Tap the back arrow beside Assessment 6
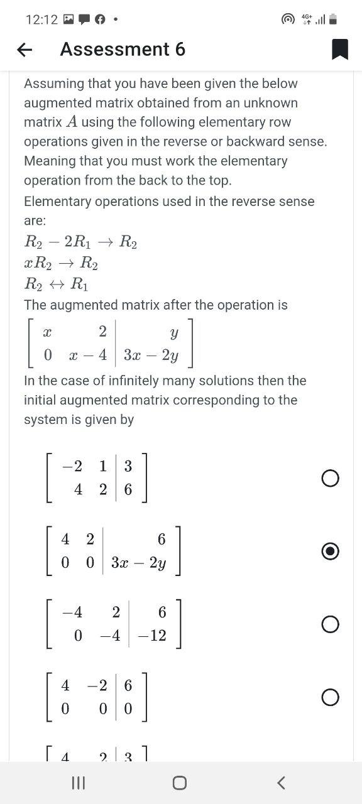coord(25,50)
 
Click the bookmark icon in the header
coord(339,49)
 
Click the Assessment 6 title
coord(123,49)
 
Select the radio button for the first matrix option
coord(330,479)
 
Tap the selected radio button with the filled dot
coord(330,551)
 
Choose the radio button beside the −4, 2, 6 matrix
coord(330,624)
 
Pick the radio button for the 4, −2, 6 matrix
coord(330,697)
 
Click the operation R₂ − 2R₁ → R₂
coord(80,242)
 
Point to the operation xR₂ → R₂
coord(61,264)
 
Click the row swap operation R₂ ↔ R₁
coord(57,285)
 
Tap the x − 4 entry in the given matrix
coord(88,356)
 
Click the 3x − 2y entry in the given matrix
coord(151,356)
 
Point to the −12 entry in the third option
coord(153,636)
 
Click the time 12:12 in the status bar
coord(41,19)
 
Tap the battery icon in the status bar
coord(333,19)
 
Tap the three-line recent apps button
coord(78,783)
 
